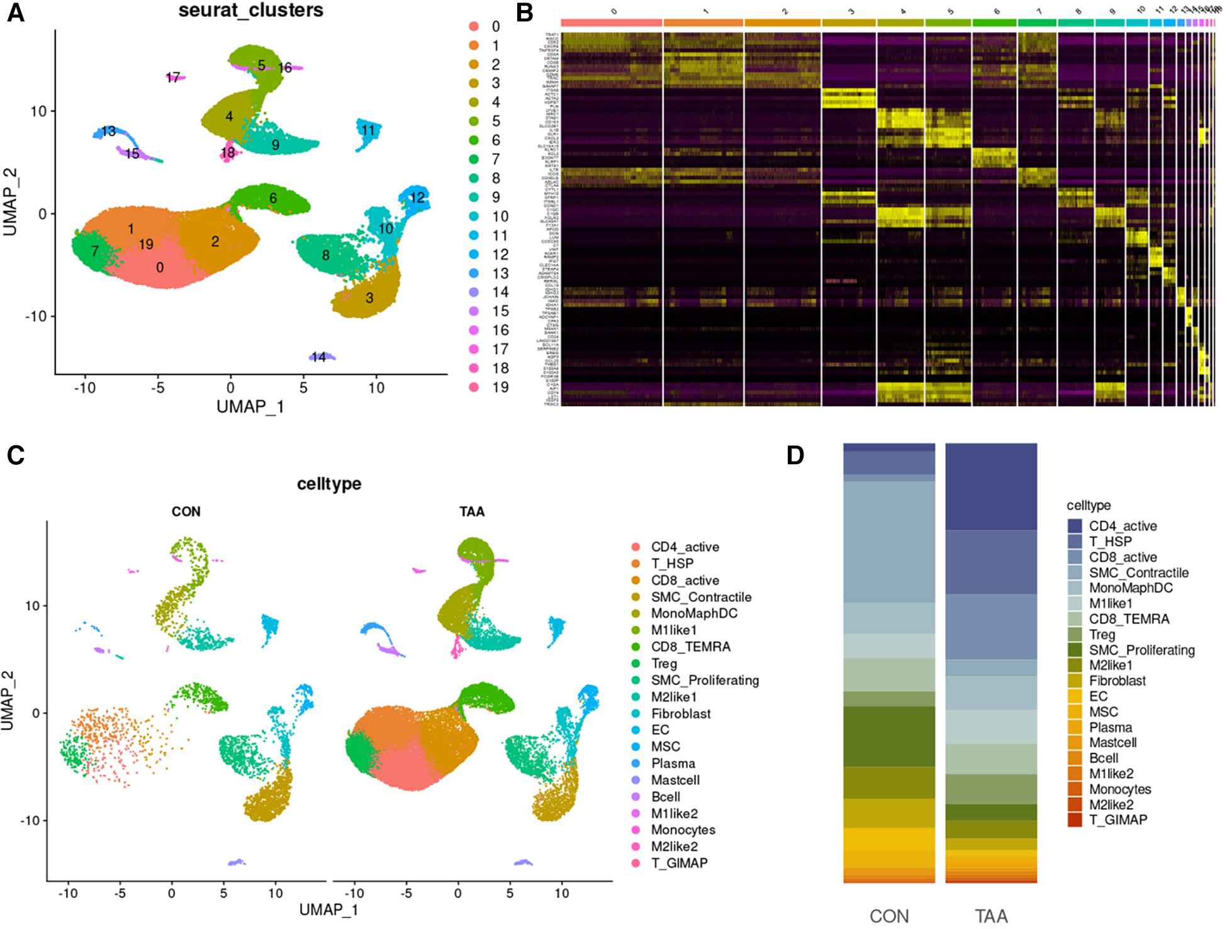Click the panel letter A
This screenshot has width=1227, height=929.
[x=16, y=13]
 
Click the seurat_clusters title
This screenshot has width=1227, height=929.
[x=250, y=10]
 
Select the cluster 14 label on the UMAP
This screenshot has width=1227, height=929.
[x=319, y=357]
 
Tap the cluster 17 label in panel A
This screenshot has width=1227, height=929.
[x=173, y=77]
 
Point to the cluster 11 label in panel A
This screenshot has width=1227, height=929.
[x=368, y=130]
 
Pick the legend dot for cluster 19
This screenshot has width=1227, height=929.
[x=474, y=387]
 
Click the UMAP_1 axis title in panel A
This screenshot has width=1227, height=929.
[x=250, y=407]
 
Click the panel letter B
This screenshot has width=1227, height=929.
[x=525, y=13]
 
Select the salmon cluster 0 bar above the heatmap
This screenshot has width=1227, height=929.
[x=611, y=23]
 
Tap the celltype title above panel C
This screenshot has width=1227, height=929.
[x=329, y=484]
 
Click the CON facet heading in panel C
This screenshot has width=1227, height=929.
[x=186, y=511]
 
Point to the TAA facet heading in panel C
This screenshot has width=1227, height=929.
[x=472, y=511]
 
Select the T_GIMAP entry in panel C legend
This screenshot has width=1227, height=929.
[x=679, y=863]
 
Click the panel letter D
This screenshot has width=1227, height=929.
[x=795, y=455]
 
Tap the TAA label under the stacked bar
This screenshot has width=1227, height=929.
[x=991, y=916]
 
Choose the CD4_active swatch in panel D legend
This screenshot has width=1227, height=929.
[x=1075, y=526]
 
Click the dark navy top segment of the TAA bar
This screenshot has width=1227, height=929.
[x=991, y=487]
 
